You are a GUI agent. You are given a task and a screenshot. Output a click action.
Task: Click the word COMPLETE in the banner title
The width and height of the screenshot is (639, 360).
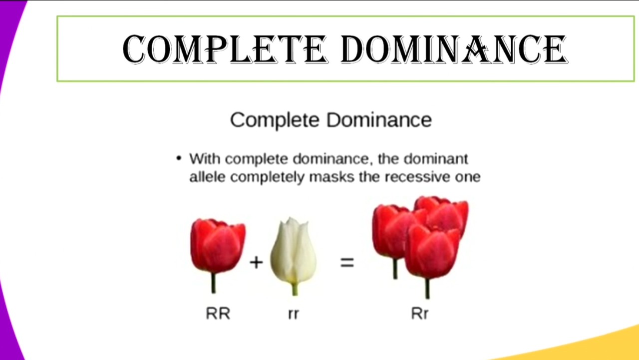(225, 49)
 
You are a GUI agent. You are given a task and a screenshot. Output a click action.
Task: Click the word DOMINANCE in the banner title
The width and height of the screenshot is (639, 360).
(454, 49)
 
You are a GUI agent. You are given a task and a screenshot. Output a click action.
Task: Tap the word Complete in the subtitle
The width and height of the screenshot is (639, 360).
(274, 120)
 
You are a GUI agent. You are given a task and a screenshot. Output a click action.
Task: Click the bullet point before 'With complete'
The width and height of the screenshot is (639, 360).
(179, 158)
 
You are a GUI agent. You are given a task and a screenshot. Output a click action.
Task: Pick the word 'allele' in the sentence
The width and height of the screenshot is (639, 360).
(208, 177)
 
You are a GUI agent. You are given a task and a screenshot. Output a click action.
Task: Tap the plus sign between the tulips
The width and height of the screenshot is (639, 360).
(256, 262)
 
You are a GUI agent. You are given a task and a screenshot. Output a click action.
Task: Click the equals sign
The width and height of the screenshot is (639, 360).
(347, 262)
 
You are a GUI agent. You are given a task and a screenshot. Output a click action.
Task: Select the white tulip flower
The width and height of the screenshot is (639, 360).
(293, 250)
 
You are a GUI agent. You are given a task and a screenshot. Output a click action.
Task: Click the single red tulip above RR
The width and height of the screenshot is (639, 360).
(218, 245)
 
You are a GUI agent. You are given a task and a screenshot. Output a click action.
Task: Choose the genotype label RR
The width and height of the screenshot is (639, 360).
(218, 313)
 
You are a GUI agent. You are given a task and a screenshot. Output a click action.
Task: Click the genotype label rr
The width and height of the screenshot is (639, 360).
(294, 314)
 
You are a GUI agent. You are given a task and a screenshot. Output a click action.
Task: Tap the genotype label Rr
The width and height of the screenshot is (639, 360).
(420, 313)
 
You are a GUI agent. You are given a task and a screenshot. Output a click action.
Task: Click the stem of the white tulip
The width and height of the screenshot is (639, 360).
(295, 288)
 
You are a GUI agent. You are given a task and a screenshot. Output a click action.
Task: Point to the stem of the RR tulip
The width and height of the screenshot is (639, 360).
(214, 282)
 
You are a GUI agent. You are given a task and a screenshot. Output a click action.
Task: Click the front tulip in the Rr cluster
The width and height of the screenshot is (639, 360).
(432, 252)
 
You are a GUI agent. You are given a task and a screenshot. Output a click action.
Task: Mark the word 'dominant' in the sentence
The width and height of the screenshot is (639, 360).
(436, 159)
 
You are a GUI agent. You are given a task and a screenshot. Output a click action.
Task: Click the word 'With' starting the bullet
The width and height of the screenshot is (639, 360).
(205, 159)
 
